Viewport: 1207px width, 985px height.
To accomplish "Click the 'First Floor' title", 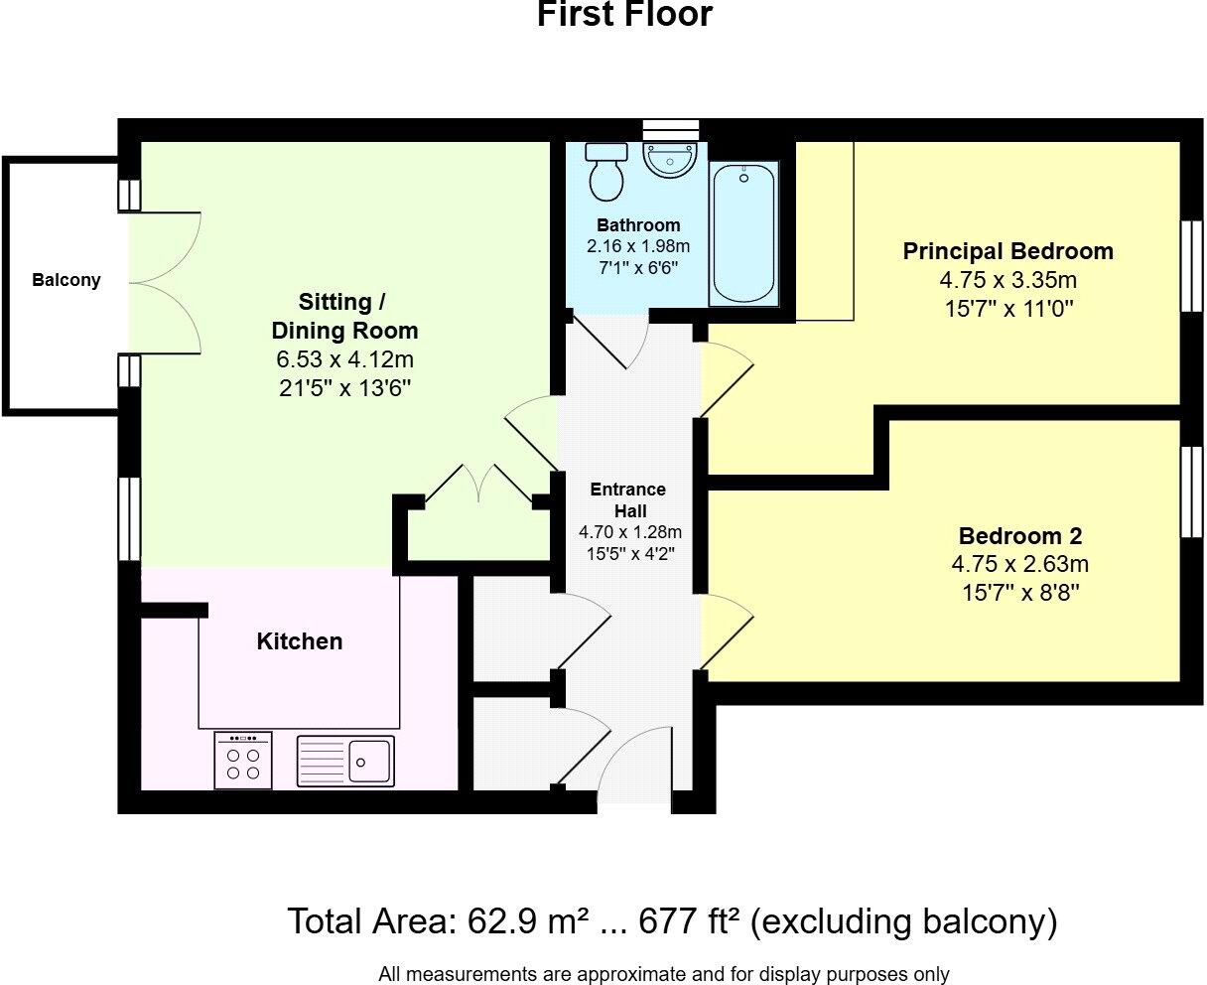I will [624, 15].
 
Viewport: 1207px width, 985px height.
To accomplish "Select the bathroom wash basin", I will [671, 159].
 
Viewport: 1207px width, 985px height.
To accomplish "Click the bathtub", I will [743, 234].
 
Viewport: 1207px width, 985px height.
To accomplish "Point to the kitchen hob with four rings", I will [243, 761].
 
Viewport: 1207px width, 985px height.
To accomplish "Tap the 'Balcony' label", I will [67, 280].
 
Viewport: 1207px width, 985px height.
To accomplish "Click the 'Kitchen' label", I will [300, 641].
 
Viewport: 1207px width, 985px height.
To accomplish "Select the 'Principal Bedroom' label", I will [1007, 251].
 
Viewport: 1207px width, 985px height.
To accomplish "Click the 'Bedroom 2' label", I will [1019, 536].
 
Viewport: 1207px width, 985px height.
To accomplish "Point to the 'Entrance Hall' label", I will [627, 500].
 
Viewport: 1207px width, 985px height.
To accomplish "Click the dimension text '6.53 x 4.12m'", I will [344, 359].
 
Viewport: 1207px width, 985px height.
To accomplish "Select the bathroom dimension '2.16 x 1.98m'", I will [638, 247].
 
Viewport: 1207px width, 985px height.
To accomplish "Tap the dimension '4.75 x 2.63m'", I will [1019, 565].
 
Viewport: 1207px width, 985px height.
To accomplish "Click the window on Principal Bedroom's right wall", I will [1189, 265].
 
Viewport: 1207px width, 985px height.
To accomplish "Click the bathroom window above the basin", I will [671, 129].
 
